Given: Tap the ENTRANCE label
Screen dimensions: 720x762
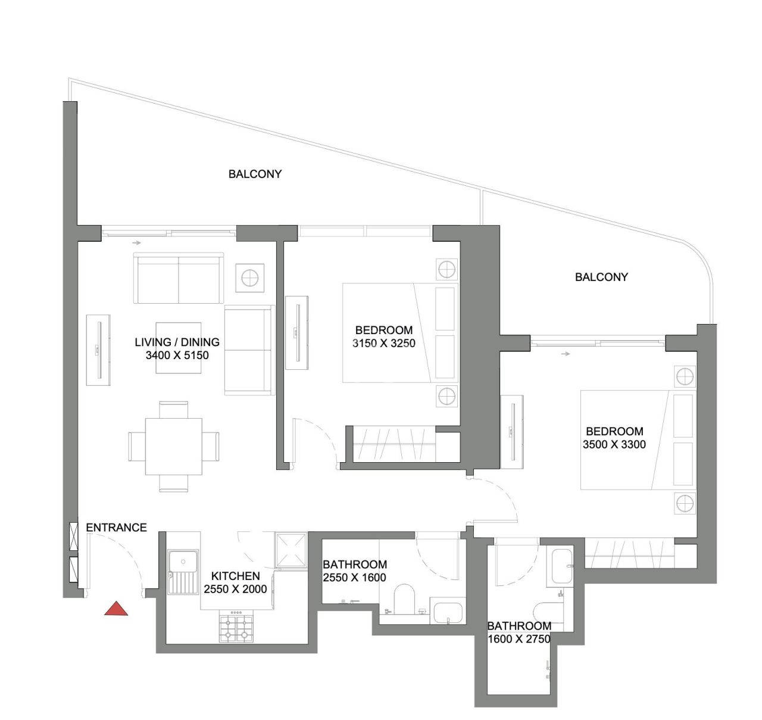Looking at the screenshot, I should [116, 527].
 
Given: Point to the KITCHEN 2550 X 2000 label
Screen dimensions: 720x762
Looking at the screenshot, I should [235, 582].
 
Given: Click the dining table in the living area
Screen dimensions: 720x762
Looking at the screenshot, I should [174, 446].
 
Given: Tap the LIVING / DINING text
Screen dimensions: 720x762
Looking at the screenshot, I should [177, 342].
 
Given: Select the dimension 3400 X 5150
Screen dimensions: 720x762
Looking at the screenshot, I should [177, 356].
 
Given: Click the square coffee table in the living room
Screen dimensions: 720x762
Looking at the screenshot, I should [178, 348].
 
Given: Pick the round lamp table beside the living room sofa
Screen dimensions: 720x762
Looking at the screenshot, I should [250, 278].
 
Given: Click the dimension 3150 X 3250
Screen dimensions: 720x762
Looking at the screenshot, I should [383, 343].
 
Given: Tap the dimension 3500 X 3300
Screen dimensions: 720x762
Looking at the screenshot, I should [614, 444].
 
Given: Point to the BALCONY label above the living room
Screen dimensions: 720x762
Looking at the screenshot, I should [255, 174].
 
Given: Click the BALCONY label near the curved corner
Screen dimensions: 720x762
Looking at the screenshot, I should [601, 277].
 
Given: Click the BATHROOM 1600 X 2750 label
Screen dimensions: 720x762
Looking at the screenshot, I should [519, 632].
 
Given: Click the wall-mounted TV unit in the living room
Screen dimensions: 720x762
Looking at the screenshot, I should [99, 350].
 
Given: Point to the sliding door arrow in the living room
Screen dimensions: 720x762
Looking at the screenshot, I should [138, 242].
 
